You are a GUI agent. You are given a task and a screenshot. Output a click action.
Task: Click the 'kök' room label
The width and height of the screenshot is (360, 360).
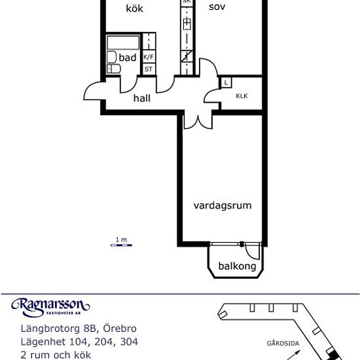point(134,9)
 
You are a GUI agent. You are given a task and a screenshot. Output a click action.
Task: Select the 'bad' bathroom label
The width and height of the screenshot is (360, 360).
point(128,58)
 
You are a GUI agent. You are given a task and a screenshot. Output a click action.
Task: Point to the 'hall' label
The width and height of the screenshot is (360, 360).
point(142,98)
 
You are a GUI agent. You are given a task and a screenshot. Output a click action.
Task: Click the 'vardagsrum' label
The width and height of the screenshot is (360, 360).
point(223,205)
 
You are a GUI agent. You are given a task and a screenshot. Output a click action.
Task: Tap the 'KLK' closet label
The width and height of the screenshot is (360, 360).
point(242,96)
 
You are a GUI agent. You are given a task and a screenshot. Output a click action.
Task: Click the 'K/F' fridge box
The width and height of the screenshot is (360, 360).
point(149,57)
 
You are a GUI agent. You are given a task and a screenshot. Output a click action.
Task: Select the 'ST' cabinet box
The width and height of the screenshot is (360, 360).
point(149,69)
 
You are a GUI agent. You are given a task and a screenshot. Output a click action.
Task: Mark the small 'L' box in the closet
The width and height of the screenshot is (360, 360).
point(226,82)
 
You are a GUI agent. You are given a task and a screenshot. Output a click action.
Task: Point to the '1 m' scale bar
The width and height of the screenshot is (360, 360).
point(120,242)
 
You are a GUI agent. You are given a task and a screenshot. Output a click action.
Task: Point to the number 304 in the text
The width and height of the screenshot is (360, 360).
point(127,342)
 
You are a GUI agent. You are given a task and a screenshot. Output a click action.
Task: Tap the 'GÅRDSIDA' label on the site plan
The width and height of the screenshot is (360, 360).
point(278,342)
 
